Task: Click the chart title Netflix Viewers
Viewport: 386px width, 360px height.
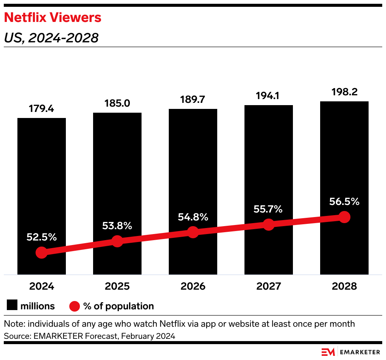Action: pyautogui.click(x=52, y=17)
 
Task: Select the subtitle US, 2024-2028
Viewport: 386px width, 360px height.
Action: pyautogui.click(x=51, y=38)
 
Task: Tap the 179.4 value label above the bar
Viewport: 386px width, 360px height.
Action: pyautogui.click(x=42, y=109)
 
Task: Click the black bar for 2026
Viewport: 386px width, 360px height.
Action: pyautogui.click(x=193, y=170)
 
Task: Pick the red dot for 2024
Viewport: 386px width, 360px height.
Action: pyautogui.click(x=42, y=253)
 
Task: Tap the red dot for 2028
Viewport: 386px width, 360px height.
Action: pyautogui.click(x=344, y=217)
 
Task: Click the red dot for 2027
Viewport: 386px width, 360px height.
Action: pyautogui.click(x=268, y=224)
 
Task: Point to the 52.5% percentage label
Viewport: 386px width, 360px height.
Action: pyautogui.click(x=42, y=237)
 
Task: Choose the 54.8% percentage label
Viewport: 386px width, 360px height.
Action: pyautogui.click(x=193, y=217)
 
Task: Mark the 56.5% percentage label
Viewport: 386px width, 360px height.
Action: pyautogui.click(x=344, y=202)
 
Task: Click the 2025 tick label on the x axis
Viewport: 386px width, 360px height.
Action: pyautogui.click(x=117, y=286)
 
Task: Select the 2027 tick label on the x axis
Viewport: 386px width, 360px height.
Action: pyautogui.click(x=268, y=286)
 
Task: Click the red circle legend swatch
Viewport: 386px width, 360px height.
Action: pyautogui.click(x=75, y=306)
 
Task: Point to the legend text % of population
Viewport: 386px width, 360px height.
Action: pyautogui.click(x=118, y=306)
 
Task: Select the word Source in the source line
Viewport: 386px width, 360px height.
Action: pyautogui.click(x=15, y=336)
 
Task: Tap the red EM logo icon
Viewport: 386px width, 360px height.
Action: pyautogui.click(x=328, y=351)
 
